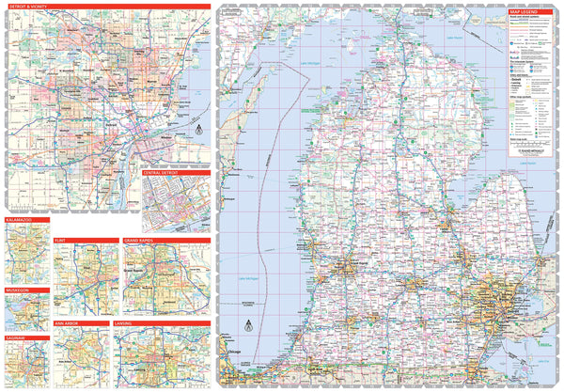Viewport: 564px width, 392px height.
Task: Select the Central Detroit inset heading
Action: tap(161, 174)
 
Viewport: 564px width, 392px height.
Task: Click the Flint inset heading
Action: tap(62, 241)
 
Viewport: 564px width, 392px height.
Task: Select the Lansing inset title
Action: tap(129, 323)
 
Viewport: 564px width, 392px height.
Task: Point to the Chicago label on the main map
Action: tap(227, 351)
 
